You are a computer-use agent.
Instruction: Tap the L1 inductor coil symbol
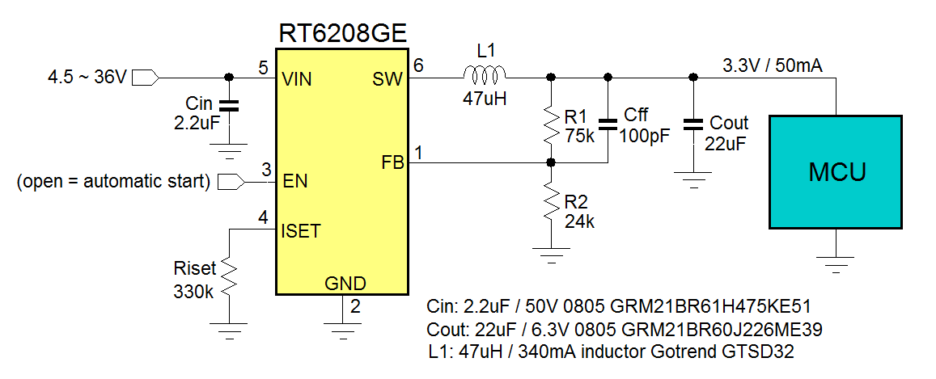pyautogui.click(x=485, y=77)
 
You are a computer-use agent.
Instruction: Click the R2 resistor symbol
pyautogui.click(x=551, y=204)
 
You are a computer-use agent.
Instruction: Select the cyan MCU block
pyautogui.click(x=834, y=171)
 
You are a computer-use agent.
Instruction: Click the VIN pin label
pyautogui.click(x=297, y=79)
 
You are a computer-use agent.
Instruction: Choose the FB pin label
pyautogui.click(x=392, y=162)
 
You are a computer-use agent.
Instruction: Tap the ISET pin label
pyautogui.click(x=301, y=231)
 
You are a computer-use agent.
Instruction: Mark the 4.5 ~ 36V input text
pyautogui.click(x=87, y=78)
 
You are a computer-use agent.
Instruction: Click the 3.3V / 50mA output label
pyautogui.click(x=772, y=65)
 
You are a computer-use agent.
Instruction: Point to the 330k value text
pyautogui.click(x=194, y=292)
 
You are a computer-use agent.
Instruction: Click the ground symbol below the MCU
pyautogui.click(x=834, y=261)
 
